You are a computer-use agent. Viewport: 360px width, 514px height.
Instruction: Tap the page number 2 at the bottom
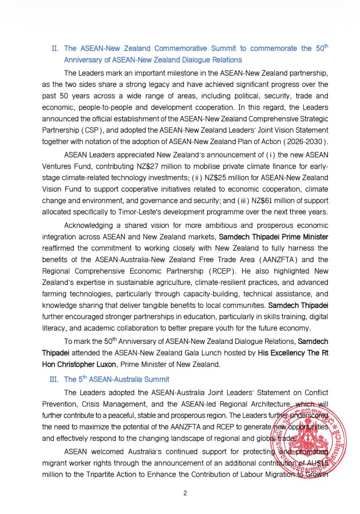(185, 493)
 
